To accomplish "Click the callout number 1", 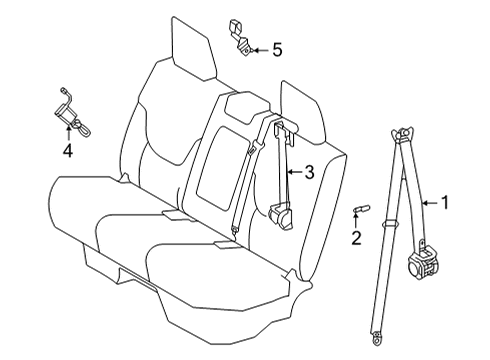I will tap(446, 202).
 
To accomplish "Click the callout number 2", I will tap(354, 237).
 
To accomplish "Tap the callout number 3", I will tap(309, 173).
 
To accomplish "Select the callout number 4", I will tap(68, 151).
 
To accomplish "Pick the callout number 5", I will tap(276, 48).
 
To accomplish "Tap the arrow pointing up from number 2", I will tap(354, 220).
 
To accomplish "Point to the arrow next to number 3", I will tap(293, 173).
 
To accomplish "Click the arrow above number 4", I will tap(68, 132).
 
